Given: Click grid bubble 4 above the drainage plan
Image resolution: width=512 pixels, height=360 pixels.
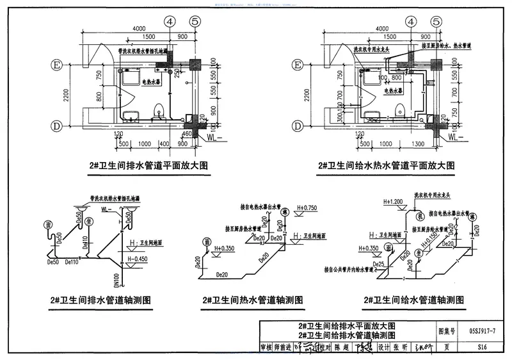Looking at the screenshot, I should tap(170, 20).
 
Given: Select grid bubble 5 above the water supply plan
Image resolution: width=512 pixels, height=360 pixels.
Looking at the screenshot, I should tap(436, 20).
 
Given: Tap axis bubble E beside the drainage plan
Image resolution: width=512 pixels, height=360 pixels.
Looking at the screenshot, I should tap(56, 65).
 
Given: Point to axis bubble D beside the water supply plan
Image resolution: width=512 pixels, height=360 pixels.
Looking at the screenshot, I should tap(298, 126).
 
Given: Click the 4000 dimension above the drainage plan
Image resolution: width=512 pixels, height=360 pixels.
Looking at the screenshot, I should tap(140, 29).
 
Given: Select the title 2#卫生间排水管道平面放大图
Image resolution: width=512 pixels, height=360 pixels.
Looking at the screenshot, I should tap(142, 165).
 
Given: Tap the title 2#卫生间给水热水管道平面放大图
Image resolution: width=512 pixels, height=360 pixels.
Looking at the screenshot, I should tap(386, 165).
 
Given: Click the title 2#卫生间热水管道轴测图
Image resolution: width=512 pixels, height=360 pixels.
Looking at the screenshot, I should tap(252, 300).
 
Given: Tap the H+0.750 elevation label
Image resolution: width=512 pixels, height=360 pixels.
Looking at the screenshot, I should tap(308, 208).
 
